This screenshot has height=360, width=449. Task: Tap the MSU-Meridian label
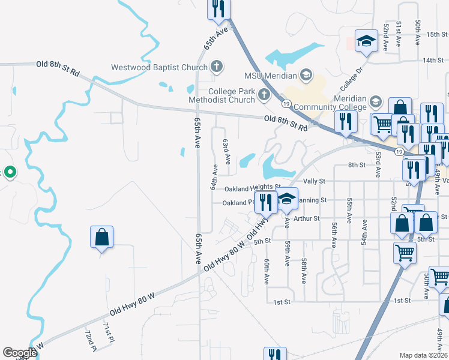(270, 76)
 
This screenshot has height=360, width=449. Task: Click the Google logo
(20, 353)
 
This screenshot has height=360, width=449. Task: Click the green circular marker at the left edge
(10, 173)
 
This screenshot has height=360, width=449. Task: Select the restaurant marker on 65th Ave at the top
(218, 8)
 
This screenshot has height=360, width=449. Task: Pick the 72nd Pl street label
(91, 340)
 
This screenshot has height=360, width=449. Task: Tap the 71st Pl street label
(108, 332)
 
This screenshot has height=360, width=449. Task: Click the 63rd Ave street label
(227, 152)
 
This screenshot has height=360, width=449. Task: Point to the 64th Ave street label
(214, 178)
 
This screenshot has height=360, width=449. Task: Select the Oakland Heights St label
(253, 188)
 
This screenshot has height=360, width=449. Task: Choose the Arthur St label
(307, 219)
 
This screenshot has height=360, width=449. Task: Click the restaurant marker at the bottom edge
(275, 354)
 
